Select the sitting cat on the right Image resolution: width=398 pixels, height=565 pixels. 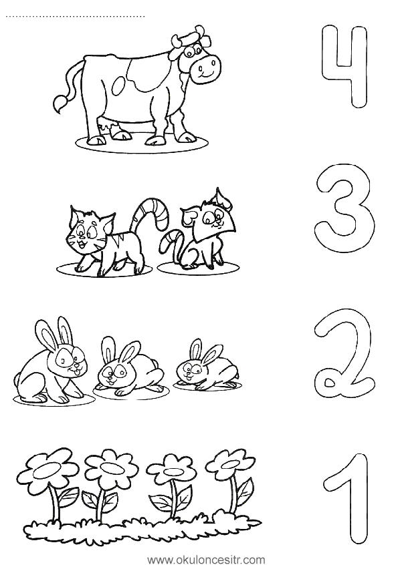pyautogui.click(x=199, y=234)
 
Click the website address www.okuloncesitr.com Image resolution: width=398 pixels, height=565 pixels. pyautogui.click(x=207, y=560)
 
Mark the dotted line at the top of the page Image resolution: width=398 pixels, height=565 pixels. pyautogui.click(x=76, y=16)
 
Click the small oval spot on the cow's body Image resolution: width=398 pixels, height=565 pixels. pyautogui.click(x=119, y=86)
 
